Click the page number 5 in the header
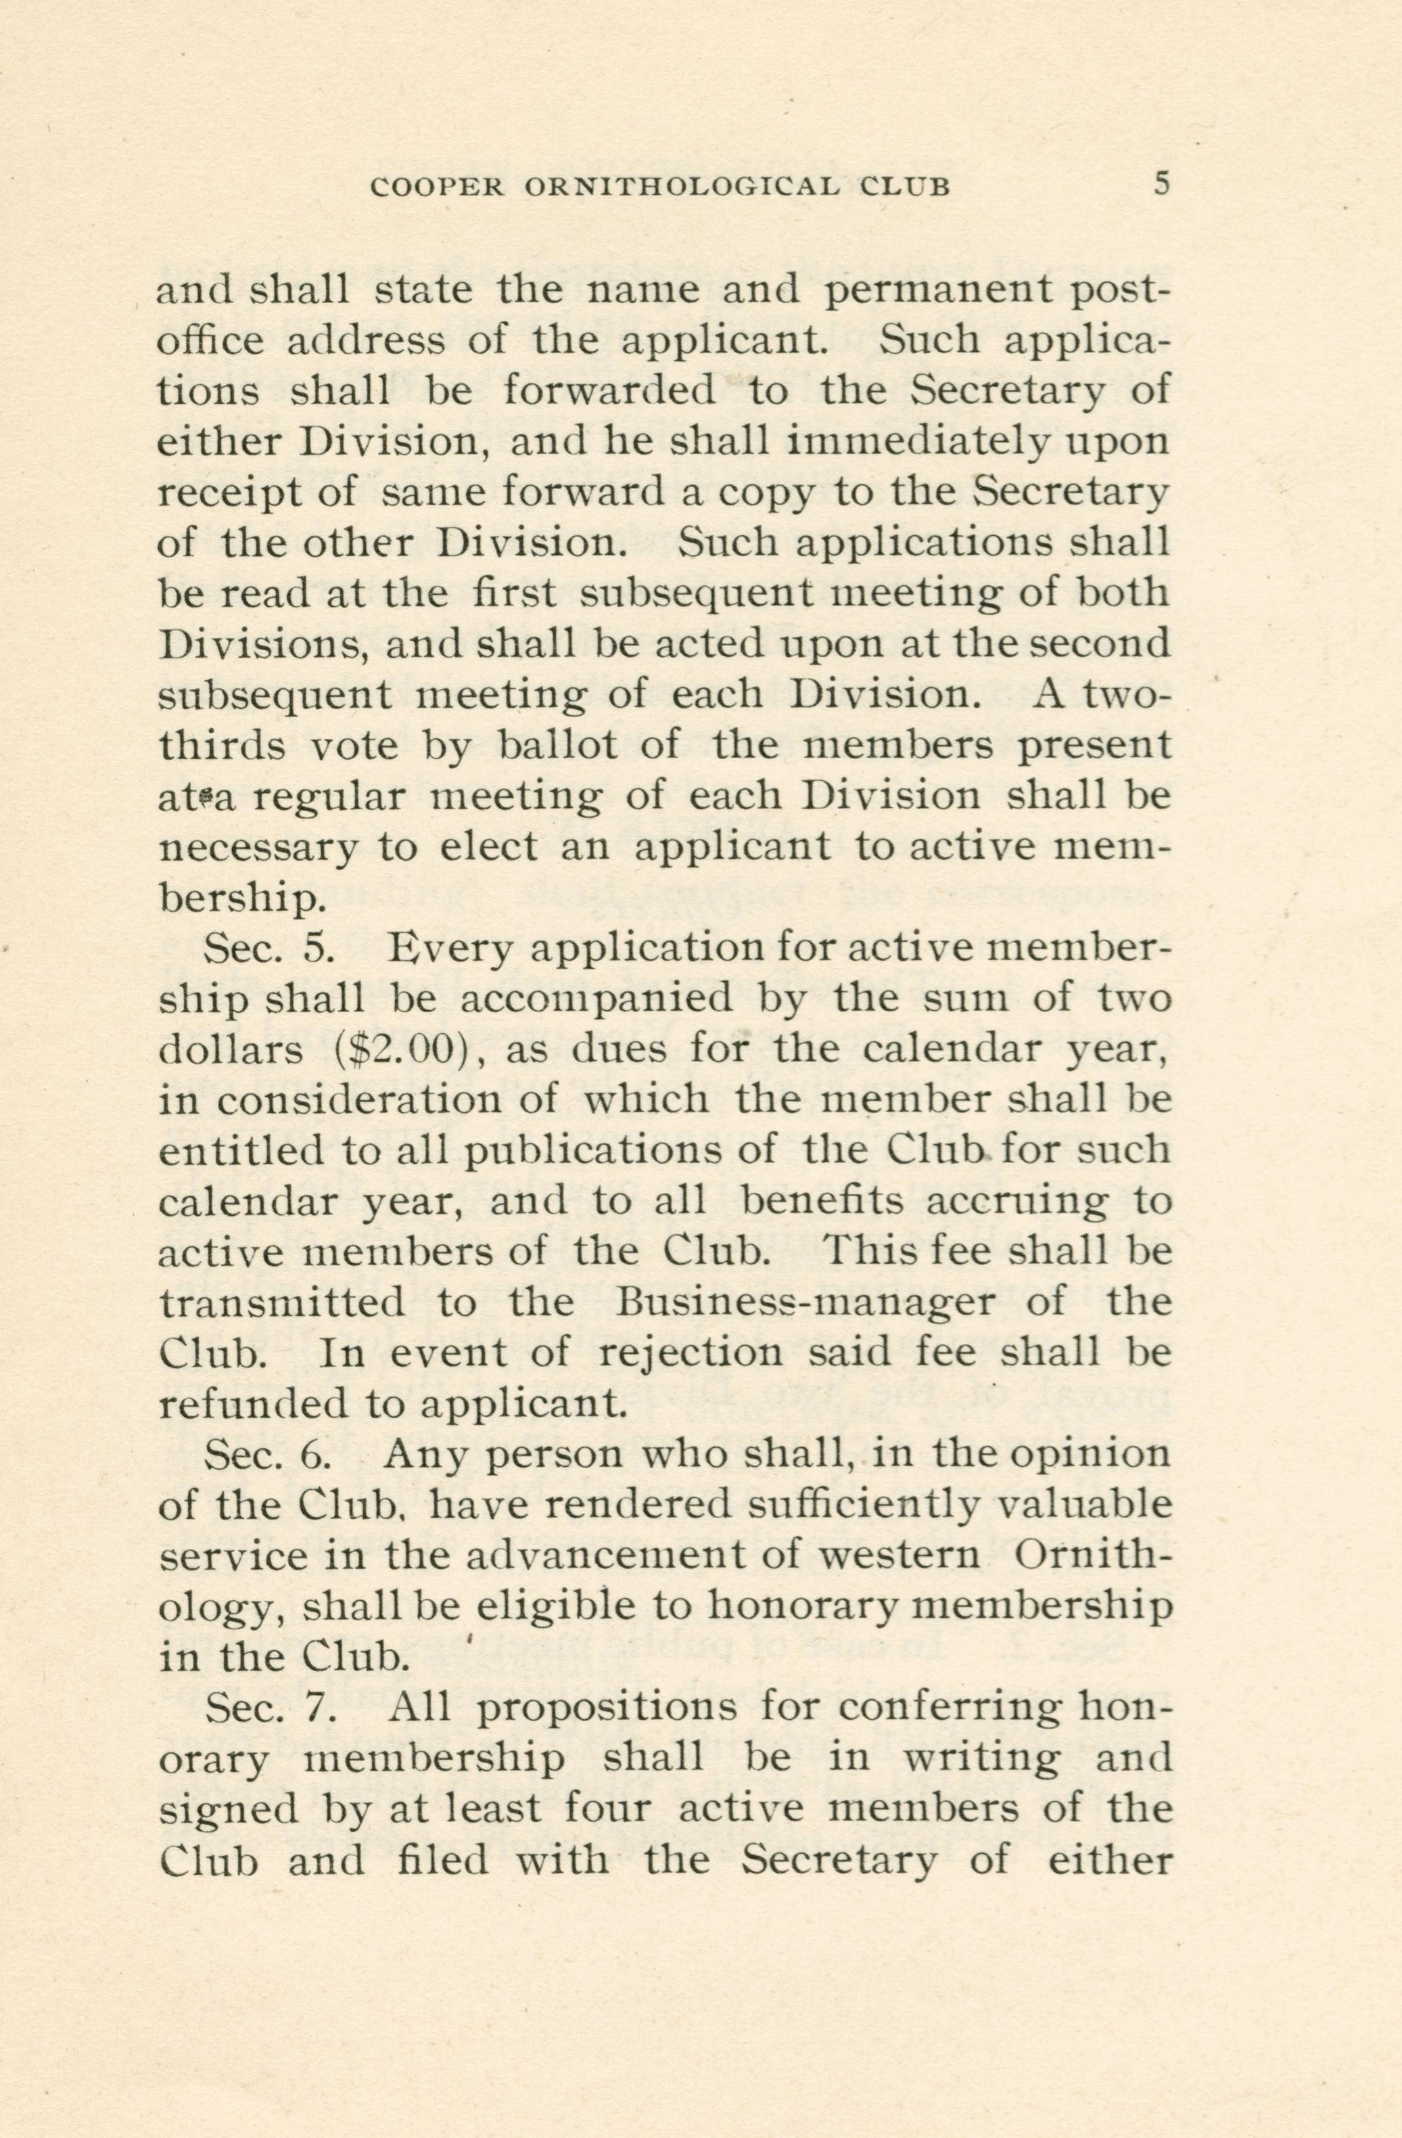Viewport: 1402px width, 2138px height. pos(1162,185)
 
